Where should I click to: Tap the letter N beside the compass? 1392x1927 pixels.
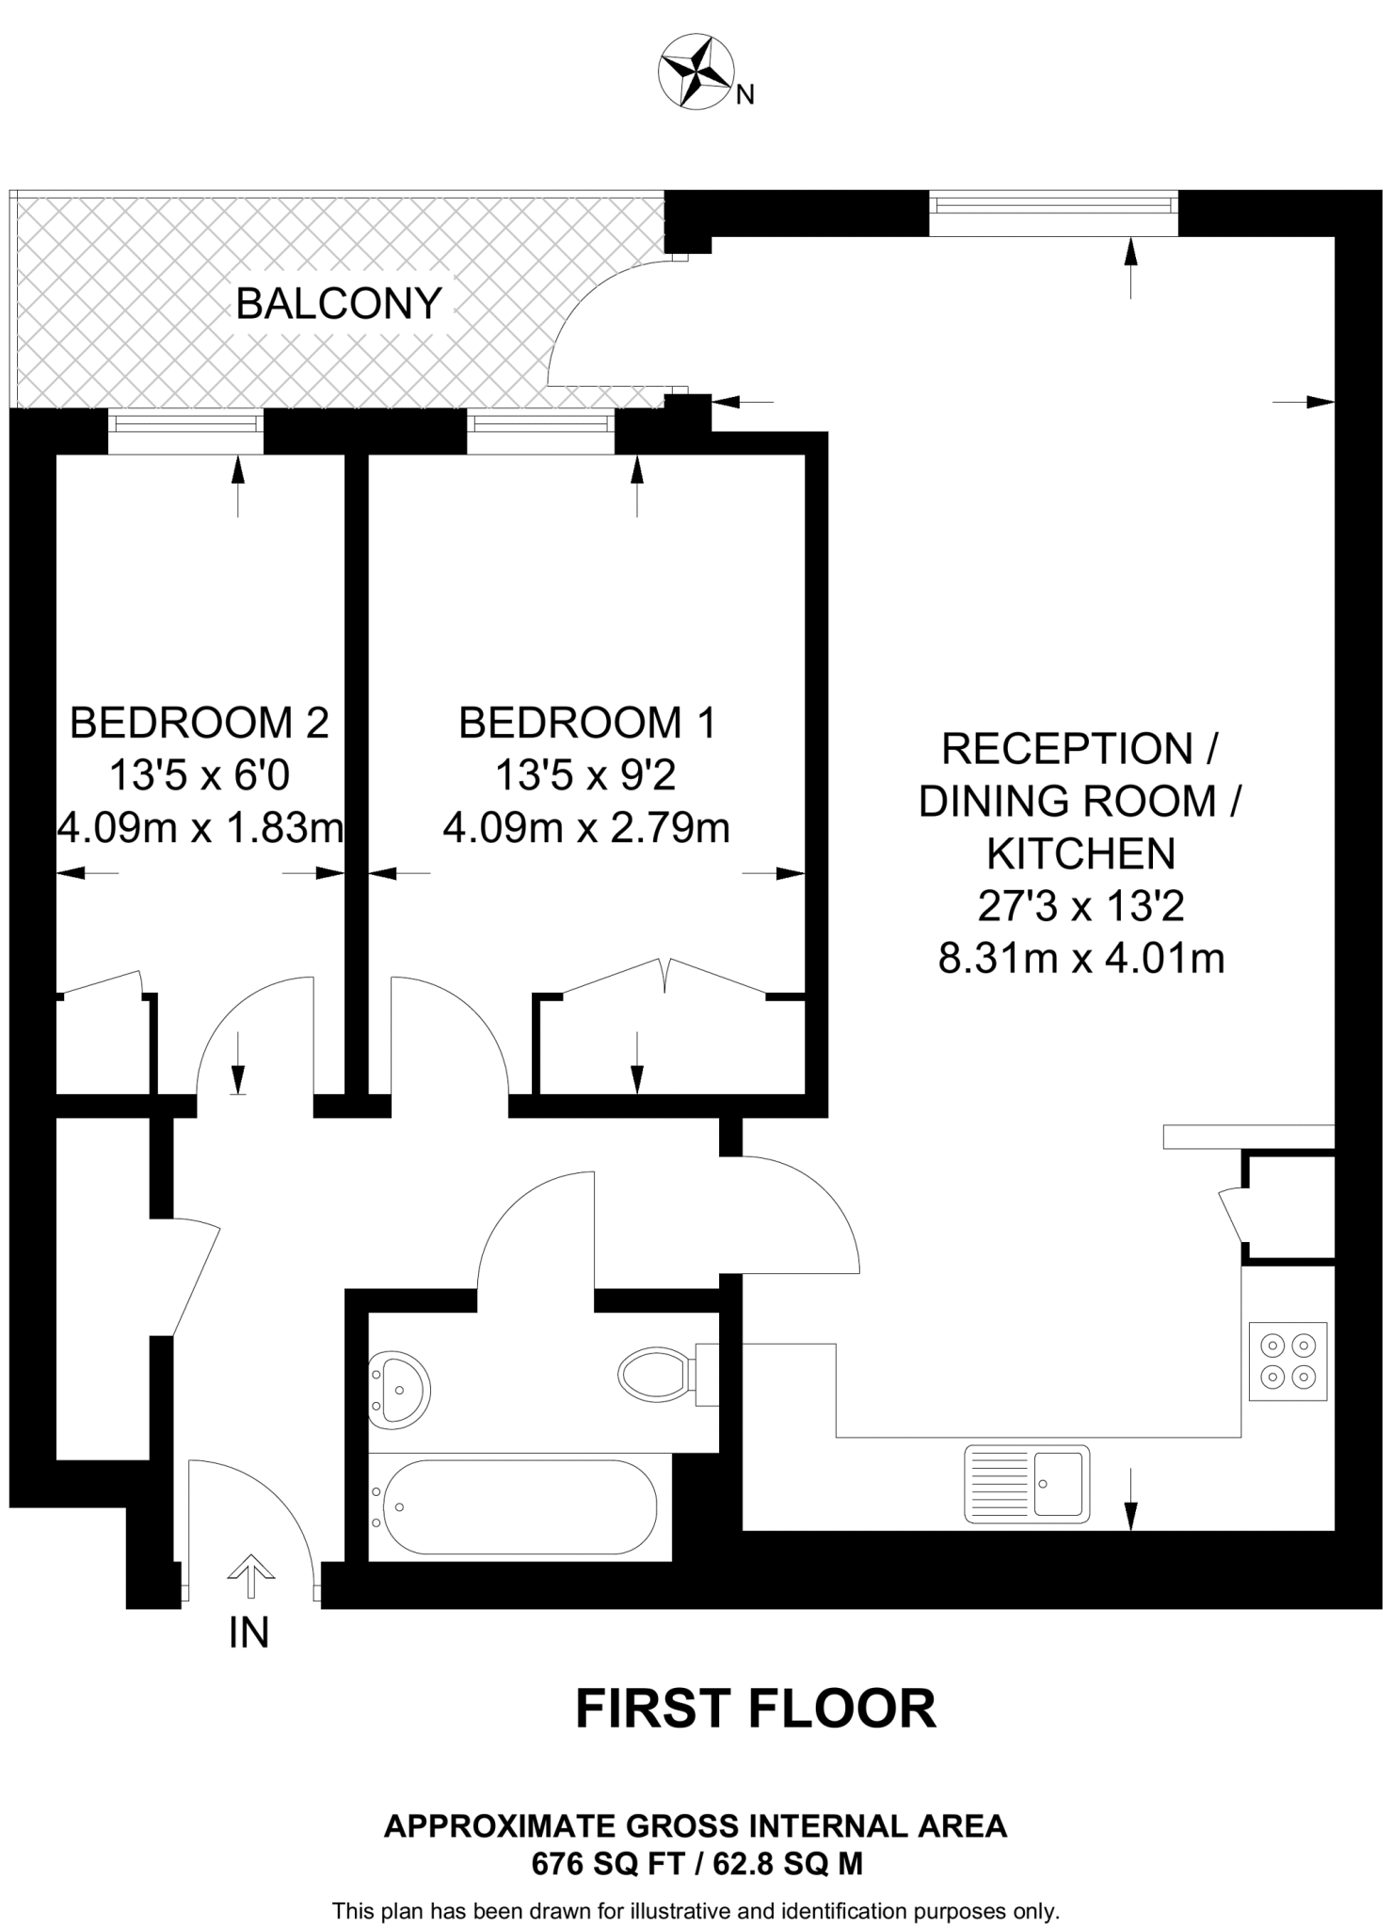coord(744,95)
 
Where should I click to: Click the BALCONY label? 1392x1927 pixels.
coord(338,303)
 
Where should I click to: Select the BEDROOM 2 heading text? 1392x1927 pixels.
coord(200,723)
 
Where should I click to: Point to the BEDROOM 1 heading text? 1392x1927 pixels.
coord(586,723)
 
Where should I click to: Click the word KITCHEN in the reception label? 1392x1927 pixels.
coord(1080,854)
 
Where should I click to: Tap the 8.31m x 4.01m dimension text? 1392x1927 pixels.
coord(1080,960)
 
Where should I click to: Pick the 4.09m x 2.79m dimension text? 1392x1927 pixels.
coord(586,829)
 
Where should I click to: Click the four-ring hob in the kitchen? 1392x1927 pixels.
coord(1288,1362)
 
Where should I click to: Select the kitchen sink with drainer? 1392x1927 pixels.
coord(1027,1484)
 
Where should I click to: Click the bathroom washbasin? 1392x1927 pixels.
coord(398,1390)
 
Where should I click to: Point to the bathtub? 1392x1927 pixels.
coord(515,1506)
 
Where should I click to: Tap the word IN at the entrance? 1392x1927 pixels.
coord(248,1633)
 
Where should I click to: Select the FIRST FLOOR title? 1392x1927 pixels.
coord(756,1709)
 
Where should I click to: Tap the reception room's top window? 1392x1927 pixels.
coord(1053,212)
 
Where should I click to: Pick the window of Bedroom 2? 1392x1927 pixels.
coord(185,432)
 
